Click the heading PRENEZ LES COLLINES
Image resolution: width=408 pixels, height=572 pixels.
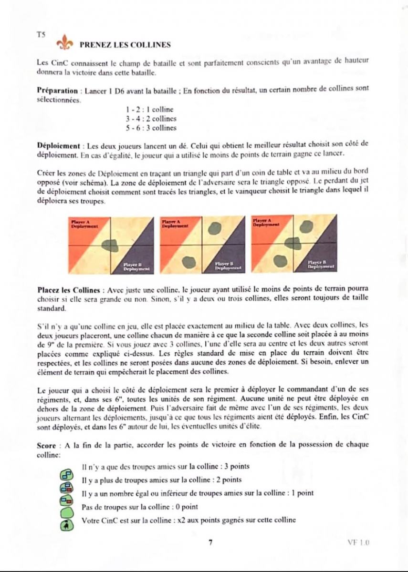[126, 45]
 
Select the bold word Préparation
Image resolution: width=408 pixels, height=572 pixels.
[57, 90]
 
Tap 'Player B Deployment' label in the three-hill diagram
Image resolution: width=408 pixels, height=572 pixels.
[320, 264]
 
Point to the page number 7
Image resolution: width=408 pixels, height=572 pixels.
[210, 542]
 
